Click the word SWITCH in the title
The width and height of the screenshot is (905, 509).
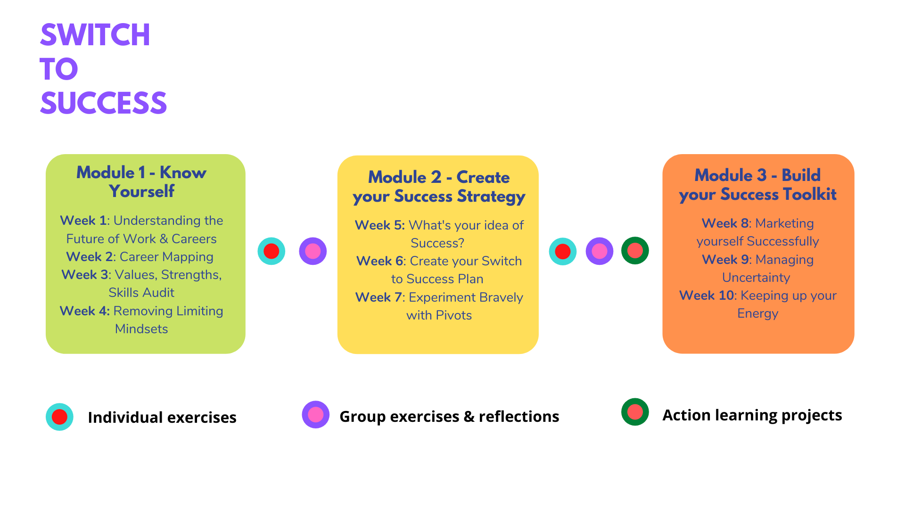coord(95,35)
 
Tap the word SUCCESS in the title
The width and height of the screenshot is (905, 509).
coord(104,103)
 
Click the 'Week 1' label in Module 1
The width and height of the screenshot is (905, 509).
coord(83,221)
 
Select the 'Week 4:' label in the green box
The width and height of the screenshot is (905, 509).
coord(85,311)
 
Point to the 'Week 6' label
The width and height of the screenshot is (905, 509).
coord(380,261)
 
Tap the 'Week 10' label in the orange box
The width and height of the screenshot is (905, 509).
coord(707,296)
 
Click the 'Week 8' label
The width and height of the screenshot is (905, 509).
coord(725,223)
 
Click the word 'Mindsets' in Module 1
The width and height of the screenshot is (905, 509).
coord(141,329)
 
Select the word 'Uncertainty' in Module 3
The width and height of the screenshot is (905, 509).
coord(756,278)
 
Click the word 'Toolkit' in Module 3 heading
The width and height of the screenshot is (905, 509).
coord(810,194)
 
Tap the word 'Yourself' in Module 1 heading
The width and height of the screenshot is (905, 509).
coord(141,191)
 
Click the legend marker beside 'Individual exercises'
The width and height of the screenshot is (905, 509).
coord(59,417)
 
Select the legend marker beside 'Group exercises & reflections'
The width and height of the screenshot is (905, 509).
coord(316,415)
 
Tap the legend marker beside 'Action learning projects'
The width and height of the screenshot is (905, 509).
coord(635,412)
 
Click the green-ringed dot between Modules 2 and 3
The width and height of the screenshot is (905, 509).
coord(635,251)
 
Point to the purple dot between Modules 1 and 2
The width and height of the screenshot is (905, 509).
coord(313,251)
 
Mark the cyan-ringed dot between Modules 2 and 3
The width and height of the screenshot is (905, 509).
coord(563,252)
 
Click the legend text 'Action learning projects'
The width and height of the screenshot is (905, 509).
coord(752,415)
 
